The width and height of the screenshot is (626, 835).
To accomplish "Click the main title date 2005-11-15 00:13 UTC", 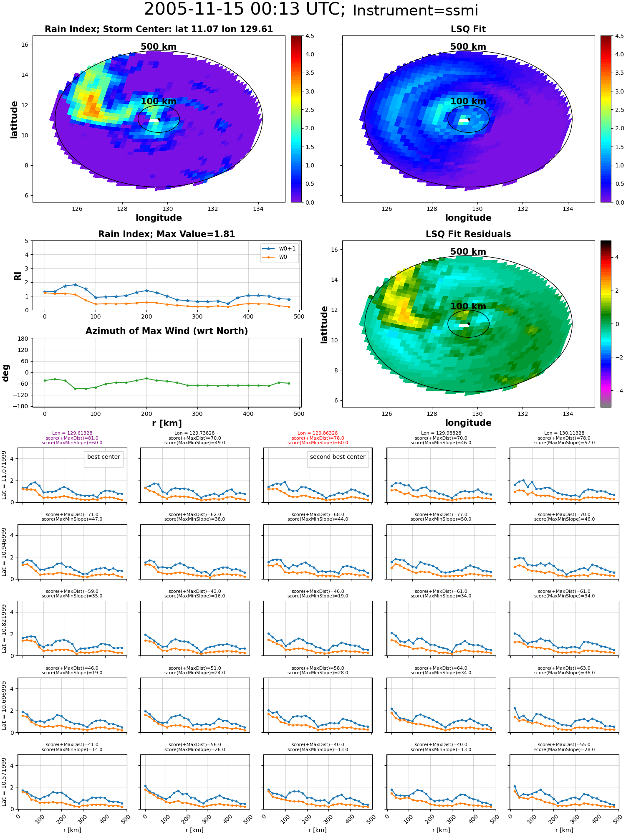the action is (244, 9).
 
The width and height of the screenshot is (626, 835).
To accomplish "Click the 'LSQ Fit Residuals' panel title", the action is (468, 234).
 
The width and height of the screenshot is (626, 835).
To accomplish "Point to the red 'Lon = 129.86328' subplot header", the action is (318, 433).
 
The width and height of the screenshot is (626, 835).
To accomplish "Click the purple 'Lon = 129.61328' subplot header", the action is (72, 433).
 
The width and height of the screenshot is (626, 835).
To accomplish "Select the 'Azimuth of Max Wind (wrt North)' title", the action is (167, 331).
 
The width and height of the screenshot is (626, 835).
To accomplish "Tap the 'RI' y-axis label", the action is (18, 276).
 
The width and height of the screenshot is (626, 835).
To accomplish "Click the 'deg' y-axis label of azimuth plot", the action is (6, 373).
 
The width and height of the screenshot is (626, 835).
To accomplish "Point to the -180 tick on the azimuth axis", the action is (22, 406).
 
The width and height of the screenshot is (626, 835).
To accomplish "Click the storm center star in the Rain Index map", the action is (159, 119).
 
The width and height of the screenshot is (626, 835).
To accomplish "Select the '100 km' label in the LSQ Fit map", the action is (468, 101).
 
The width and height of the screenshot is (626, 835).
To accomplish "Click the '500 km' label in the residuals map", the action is (468, 252).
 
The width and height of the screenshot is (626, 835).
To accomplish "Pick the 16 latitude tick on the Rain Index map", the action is (25, 45).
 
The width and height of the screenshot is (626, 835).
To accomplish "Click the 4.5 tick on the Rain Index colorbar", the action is (310, 36).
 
